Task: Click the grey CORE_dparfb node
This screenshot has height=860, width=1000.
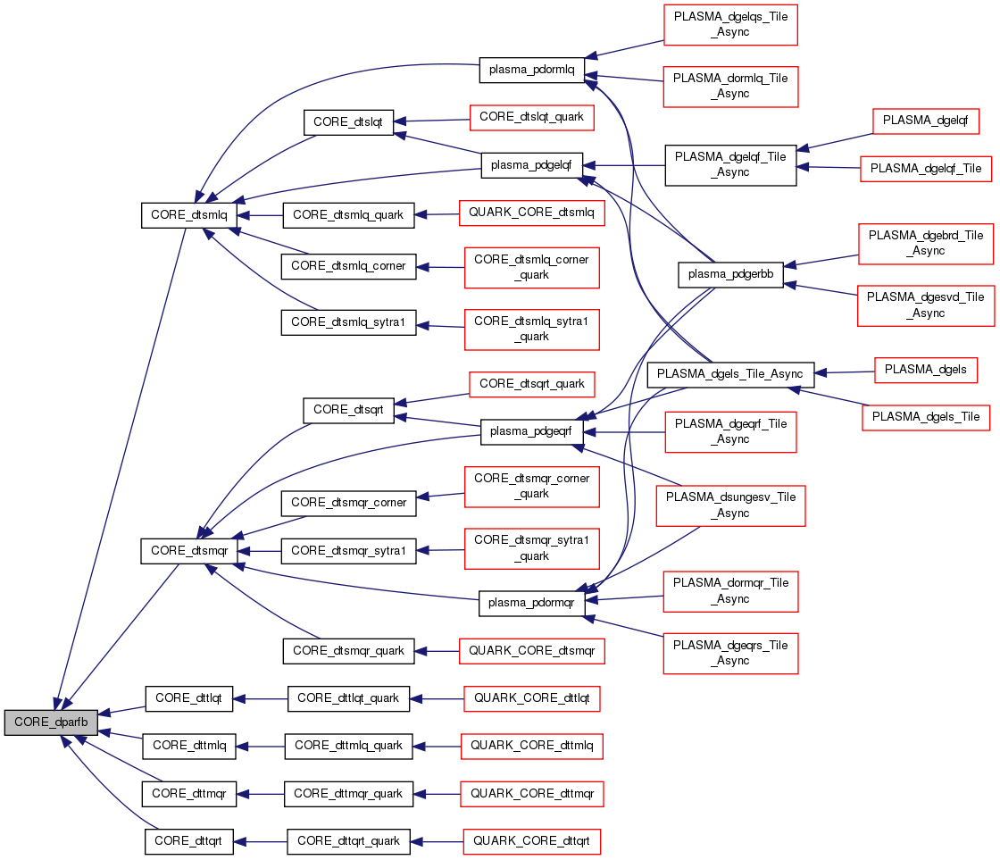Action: click(50, 722)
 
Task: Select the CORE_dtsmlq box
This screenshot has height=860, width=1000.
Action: click(189, 215)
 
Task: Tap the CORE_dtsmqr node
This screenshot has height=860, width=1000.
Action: click(189, 551)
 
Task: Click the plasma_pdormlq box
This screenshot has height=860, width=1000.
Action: click(531, 69)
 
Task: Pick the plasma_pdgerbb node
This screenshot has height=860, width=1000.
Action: click(731, 275)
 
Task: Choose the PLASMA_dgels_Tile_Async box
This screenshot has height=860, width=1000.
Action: click(731, 373)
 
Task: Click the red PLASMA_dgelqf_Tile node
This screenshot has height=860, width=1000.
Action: click(925, 168)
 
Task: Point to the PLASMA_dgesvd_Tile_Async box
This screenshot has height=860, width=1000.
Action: click(925, 305)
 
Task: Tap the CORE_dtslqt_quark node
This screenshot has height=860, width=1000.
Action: click(531, 117)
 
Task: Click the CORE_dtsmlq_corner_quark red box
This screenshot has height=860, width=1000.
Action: click(531, 267)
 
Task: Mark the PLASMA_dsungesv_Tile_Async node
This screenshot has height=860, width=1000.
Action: click(731, 505)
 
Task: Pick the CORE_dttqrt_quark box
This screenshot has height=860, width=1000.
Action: click(349, 841)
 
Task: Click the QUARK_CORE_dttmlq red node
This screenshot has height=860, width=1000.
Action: click(531, 745)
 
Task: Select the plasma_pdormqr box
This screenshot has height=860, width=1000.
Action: click(531, 603)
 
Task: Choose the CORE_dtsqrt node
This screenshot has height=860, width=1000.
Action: click(349, 410)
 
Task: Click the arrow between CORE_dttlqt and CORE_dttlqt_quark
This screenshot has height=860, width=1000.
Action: click(260, 697)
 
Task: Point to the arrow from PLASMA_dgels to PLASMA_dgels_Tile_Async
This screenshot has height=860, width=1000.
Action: click(845, 372)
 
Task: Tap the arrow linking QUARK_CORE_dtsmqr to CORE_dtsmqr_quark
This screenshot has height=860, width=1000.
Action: click(437, 651)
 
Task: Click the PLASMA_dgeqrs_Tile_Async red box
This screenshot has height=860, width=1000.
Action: click(731, 653)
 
